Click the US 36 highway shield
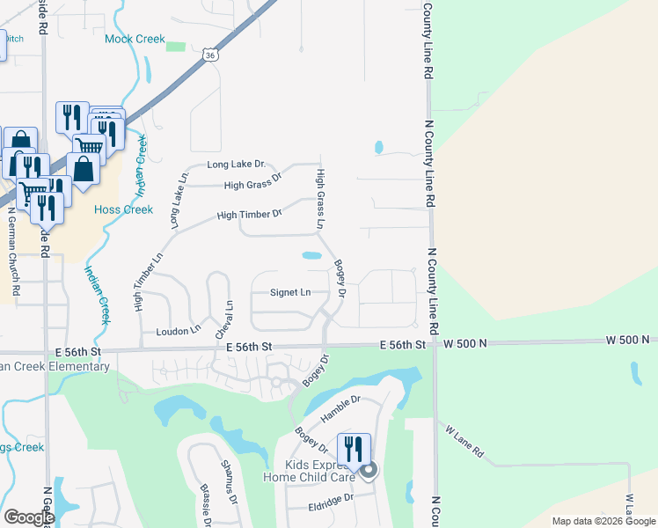point(208,55)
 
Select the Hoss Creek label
point(124,209)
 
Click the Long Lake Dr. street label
point(236,165)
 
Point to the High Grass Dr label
point(252,185)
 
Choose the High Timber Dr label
point(248,214)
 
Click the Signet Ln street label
point(290,292)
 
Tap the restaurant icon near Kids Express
point(354,449)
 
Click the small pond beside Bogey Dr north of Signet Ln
point(311,256)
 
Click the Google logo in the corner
point(28,517)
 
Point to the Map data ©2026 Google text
point(603,521)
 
